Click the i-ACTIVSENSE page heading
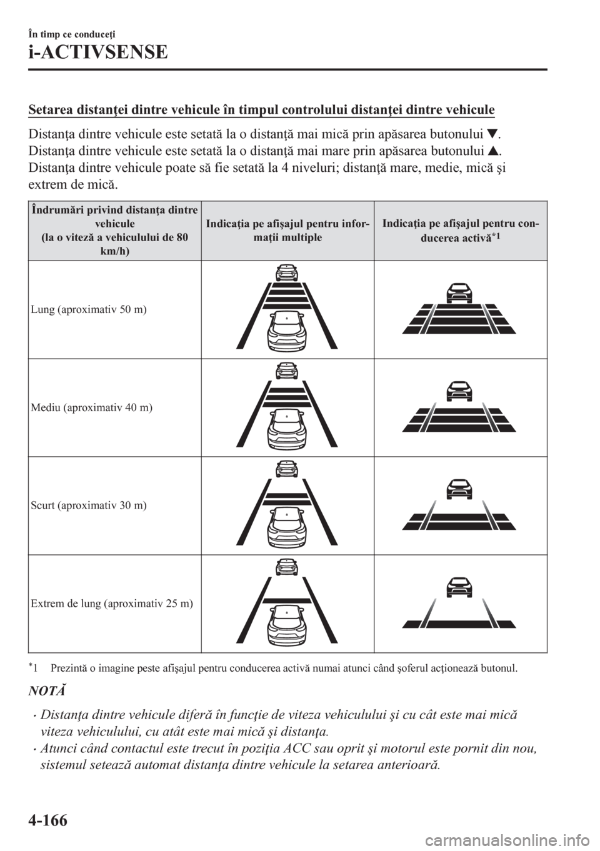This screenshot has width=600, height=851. (97, 52)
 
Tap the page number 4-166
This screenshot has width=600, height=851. (48, 820)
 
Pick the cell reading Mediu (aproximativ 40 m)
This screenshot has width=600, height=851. (92, 407)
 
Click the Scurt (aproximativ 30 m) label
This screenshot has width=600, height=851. (89, 505)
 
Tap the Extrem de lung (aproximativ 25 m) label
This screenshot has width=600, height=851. (112, 604)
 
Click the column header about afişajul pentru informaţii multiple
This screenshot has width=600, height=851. (287, 231)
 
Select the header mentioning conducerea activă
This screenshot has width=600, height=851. (461, 231)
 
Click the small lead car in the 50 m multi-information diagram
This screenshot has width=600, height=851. (287, 272)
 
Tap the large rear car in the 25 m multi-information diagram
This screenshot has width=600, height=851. (287, 629)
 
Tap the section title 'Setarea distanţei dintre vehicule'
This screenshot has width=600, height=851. (261, 110)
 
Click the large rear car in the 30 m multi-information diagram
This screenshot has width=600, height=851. (287, 530)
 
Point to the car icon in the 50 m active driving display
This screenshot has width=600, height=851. (459, 293)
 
